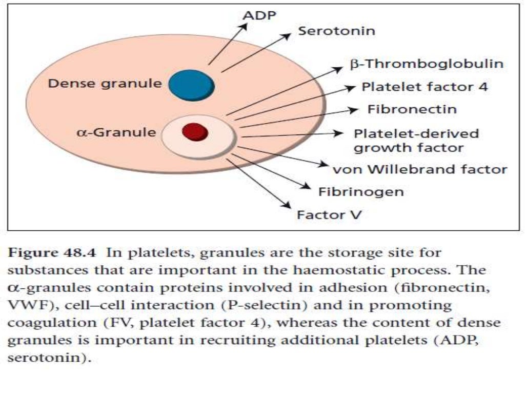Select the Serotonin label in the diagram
tap(336, 31)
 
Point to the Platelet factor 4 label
tap(425, 87)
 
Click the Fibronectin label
tap(412, 109)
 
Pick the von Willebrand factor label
tap(420, 169)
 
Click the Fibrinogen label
tap(361, 192)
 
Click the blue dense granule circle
tap(191, 85)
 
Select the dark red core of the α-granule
tap(195, 131)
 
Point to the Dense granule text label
tap(105, 83)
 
